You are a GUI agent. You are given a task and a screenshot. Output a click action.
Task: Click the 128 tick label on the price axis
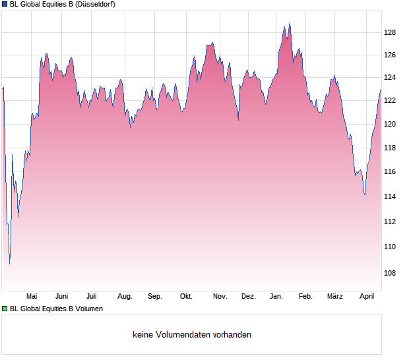(x=390, y=32)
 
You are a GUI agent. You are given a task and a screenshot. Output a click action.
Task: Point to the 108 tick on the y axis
(x=390, y=273)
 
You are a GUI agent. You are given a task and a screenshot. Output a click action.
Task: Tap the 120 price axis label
(x=390, y=124)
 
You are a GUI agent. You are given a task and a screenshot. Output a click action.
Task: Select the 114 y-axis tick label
(x=390, y=196)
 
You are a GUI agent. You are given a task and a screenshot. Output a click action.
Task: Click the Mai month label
(x=31, y=297)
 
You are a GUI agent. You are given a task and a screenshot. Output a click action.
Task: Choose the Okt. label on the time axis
(x=186, y=297)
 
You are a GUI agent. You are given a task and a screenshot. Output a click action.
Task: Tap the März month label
(x=335, y=297)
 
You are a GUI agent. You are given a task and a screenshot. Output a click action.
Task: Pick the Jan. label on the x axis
(x=276, y=297)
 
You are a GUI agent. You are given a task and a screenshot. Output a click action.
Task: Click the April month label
(x=366, y=297)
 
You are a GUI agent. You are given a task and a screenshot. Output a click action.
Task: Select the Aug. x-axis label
(x=125, y=297)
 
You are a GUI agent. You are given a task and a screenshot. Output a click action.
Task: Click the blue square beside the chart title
(x=5, y=5)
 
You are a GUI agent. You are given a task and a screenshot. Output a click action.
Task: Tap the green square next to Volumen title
(x=5, y=309)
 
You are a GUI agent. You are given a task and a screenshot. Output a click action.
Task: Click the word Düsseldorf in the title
(x=96, y=5)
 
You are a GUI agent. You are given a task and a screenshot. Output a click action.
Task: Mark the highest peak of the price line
(x=289, y=22)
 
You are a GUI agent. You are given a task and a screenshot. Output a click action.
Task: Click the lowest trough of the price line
(x=9, y=264)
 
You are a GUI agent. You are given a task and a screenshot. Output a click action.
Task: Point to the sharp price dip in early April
(x=364, y=195)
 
